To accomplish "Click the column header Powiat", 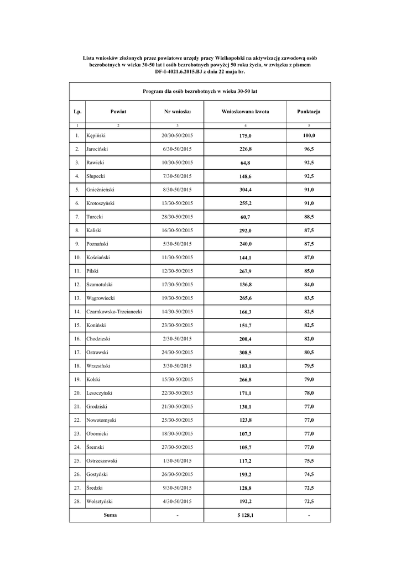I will click(118, 112).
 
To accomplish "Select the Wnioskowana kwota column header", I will click(245, 112).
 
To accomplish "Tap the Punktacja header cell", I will click(308, 112).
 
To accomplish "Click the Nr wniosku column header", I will click(178, 112).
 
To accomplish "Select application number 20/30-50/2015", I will click(178, 135).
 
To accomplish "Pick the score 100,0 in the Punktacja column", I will click(308, 135).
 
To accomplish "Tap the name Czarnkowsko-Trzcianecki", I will click(114, 312).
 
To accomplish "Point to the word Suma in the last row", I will click(110, 515).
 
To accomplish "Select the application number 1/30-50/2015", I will click(178, 460).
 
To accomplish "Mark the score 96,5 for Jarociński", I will click(308, 149).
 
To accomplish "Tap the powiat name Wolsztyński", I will click(100, 501).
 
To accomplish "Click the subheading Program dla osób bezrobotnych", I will click(200, 90).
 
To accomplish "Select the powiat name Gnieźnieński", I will click(101, 190).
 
